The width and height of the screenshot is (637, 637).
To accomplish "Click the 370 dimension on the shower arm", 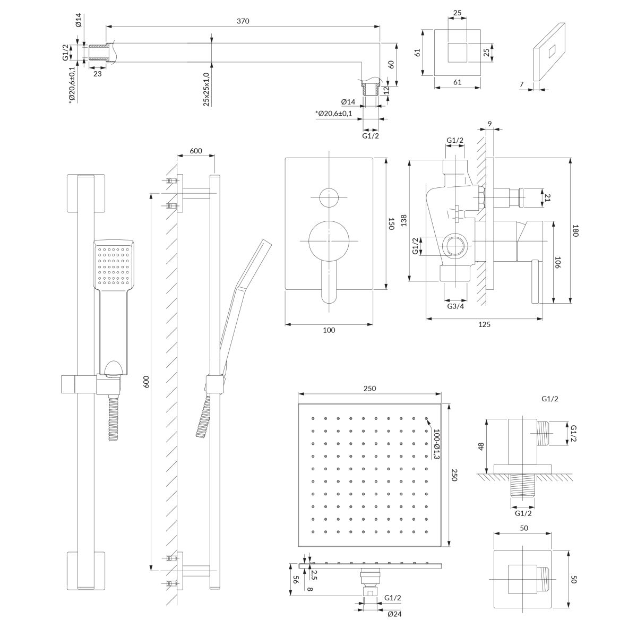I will click(x=243, y=21).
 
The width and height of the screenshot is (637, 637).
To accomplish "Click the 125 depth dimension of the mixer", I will click(x=484, y=324).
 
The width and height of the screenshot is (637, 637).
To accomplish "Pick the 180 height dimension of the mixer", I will click(x=575, y=231).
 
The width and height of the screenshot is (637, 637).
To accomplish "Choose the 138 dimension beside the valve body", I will click(x=403, y=221).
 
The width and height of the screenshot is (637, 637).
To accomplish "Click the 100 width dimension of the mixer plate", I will click(x=329, y=330).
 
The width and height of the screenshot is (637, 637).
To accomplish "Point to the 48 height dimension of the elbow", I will click(x=481, y=446).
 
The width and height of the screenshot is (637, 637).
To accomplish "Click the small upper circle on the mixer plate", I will click(x=329, y=198).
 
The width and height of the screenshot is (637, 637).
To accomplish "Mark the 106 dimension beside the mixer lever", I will click(x=557, y=264).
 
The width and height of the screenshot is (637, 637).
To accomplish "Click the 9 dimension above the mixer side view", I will click(x=489, y=125).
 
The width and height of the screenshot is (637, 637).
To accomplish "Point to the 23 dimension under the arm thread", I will click(x=98, y=74).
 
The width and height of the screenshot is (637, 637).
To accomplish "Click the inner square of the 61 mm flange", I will click(x=458, y=53).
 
